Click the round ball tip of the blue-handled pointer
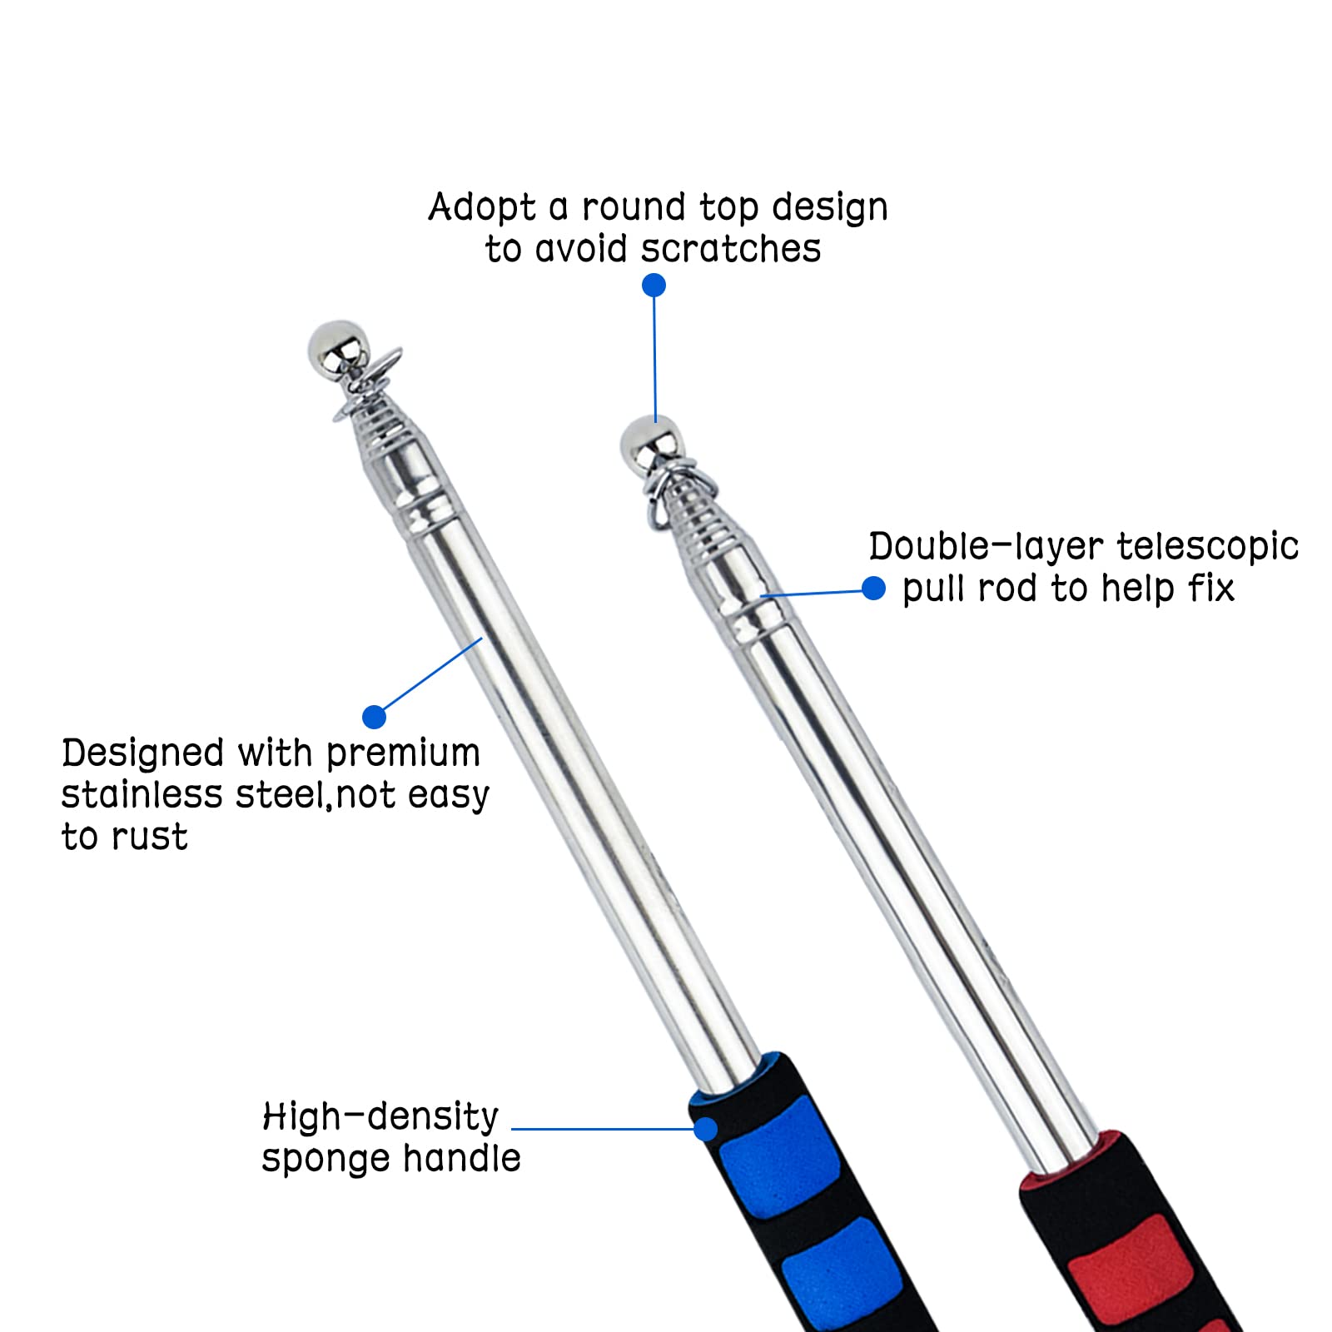335,348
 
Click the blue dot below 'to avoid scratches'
654,286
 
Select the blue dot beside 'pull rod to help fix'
873,589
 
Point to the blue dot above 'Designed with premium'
375,717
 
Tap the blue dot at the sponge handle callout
705,1129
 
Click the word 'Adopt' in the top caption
482,208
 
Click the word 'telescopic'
1207,548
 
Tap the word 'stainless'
142,795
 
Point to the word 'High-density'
380,1117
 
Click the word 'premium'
403,754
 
